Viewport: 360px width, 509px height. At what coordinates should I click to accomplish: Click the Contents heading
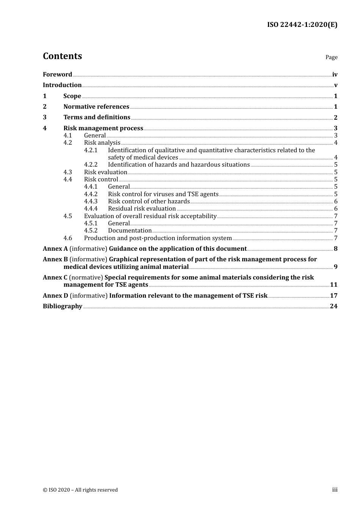[62, 56]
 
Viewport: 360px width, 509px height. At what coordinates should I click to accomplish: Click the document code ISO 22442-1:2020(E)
[302, 25]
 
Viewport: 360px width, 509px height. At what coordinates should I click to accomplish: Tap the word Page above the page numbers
[331, 57]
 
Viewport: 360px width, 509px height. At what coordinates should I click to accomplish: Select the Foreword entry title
[57, 75]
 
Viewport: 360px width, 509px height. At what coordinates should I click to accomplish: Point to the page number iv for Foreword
[335, 75]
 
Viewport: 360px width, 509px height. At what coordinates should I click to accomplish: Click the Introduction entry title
[62, 85]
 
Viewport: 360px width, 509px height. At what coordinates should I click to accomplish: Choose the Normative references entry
[96, 107]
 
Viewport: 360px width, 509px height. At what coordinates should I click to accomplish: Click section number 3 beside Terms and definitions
[45, 117]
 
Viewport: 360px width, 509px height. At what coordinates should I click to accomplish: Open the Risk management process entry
[103, 128]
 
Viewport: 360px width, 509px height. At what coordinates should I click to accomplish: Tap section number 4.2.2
[91, 165]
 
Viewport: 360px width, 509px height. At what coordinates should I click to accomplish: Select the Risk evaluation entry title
[105, 172]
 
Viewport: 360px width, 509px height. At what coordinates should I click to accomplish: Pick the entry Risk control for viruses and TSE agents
[163, 194]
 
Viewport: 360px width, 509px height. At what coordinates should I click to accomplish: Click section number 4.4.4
[91, 209]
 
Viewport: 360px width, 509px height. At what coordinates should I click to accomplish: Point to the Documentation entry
[130, 231]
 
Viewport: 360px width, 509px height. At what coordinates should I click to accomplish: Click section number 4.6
[67, 238]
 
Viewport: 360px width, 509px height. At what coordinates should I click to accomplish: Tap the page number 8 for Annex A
[335, 249]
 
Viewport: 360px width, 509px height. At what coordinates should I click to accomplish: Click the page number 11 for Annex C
[333, 285]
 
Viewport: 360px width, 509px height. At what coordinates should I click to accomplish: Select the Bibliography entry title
[63, 306]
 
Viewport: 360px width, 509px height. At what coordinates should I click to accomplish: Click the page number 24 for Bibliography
[333, 306]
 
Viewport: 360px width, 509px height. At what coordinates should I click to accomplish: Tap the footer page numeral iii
[335, 490]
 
